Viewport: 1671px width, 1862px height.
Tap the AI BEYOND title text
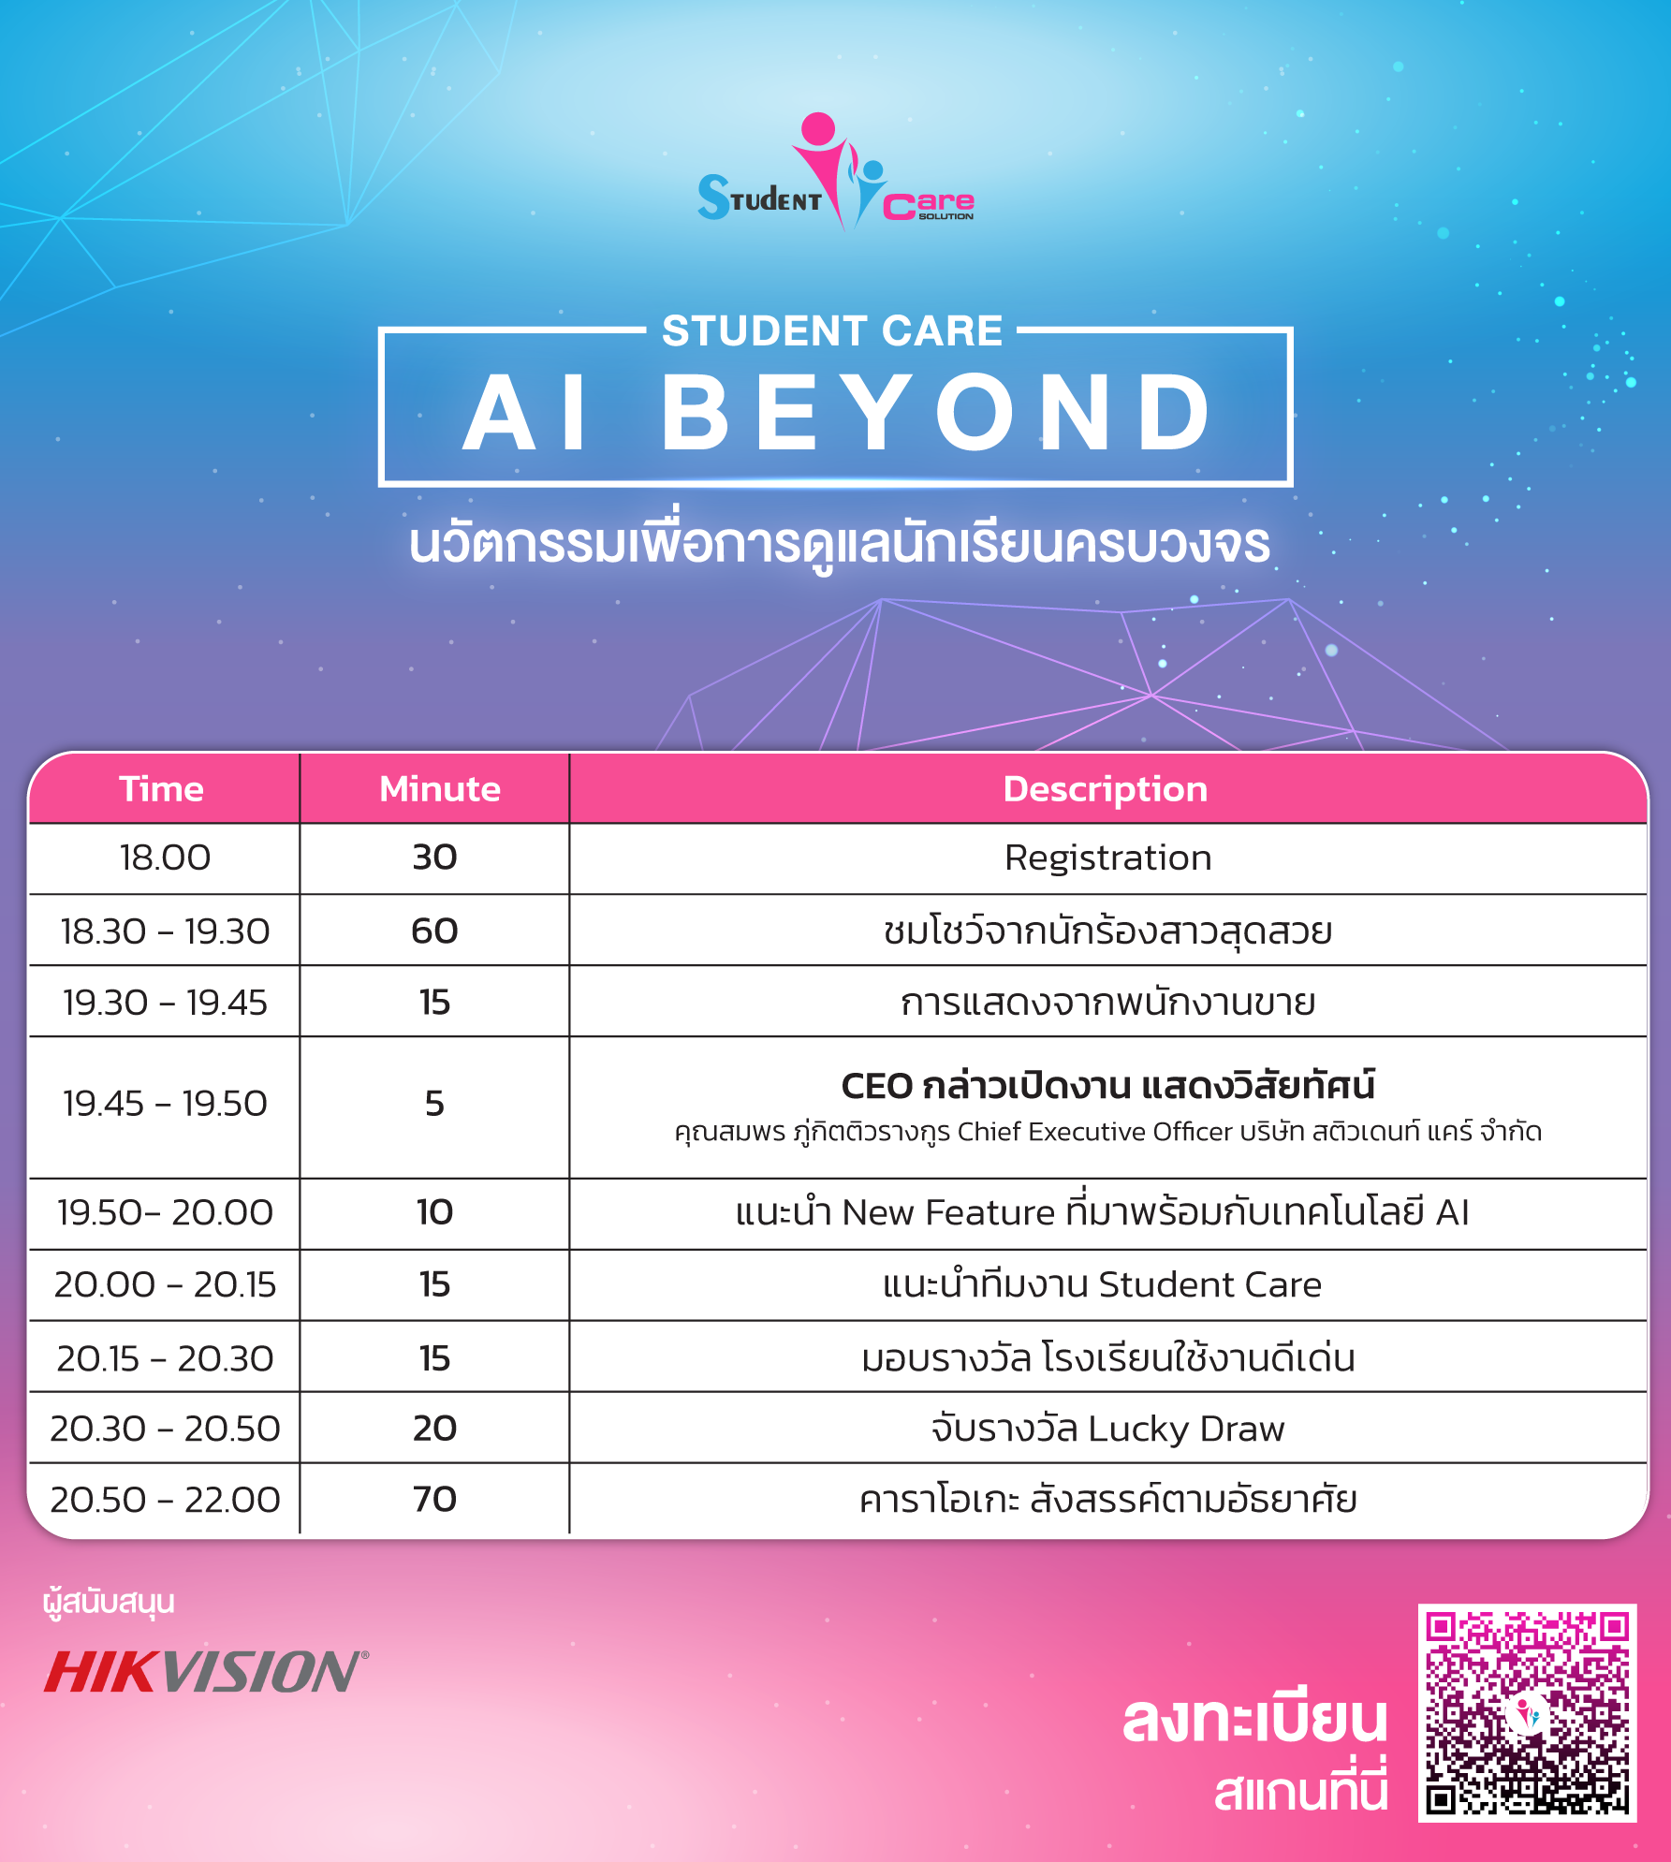coord(837,412)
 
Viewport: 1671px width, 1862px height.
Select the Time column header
coord(162,789)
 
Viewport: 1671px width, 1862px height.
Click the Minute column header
coord(440,789)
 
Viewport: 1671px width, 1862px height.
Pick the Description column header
coord(1106,790)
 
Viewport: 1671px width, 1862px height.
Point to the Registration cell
coord(1108,858)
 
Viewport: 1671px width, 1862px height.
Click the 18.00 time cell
coord(165,858)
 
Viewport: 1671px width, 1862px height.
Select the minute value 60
coord(434,931)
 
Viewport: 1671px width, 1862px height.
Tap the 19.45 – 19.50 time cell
coord(165,1104)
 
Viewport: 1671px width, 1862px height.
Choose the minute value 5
coord(434,1104)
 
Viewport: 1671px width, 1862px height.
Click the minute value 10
coord(434,1212)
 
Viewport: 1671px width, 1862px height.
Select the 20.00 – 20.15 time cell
coord(165,1284)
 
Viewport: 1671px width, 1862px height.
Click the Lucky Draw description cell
coord(1108,1429)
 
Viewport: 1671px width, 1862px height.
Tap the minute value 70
coord(434,1499)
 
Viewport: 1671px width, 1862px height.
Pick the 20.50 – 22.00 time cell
coord(165,1500)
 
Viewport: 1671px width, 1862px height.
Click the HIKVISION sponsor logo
coord(206,1672)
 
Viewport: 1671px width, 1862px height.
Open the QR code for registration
coord(1527,1713)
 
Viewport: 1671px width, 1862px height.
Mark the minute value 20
coord(434,1429)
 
